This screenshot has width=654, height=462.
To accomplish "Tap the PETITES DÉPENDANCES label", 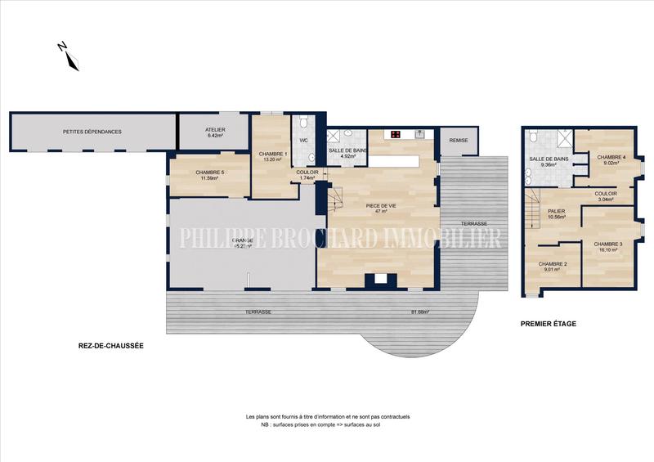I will pos(92,132).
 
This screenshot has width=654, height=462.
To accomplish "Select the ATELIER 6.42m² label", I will pos(215,132).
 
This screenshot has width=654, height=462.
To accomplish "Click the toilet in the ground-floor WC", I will pos(304,123).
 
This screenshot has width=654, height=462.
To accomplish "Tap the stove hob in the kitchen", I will pos(396,134).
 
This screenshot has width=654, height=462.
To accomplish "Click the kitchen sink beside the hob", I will pos(419,134).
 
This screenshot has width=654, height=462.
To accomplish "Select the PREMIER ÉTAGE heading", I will pos(549,324).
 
